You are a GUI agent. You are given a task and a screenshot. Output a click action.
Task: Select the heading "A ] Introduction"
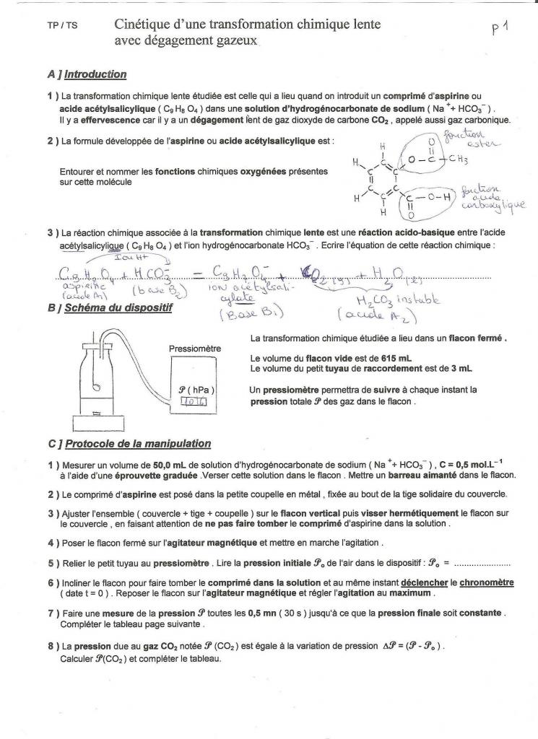click(x=87, y=74)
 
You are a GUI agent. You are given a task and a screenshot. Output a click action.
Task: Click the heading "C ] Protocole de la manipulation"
click(x=129, y=443)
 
